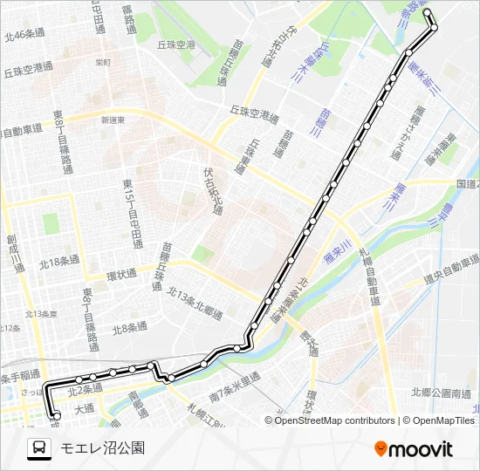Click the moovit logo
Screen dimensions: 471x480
click(414, 449)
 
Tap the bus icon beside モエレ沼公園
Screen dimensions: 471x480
click(39, 448)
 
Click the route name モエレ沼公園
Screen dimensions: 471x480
click(102, 448)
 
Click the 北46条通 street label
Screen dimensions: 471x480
click(24, 36)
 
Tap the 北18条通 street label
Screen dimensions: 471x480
click(59, 260)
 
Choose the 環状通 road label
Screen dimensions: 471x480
click(121, 273)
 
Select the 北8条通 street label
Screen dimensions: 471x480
click(131, 329)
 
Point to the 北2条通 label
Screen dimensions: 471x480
click(85, 388)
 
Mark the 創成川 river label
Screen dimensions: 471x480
click(13, 249)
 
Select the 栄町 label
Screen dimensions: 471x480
click(103, 62)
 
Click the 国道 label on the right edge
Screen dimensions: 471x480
click(467, 185)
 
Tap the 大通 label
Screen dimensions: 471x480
click(84, 406)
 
